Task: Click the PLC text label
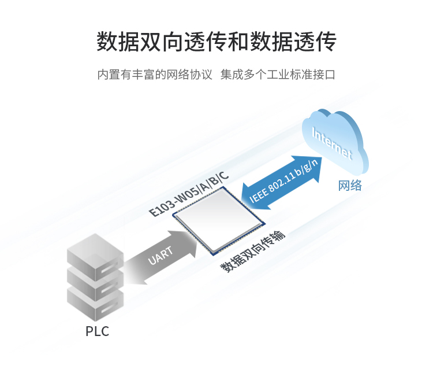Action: pos(97,332)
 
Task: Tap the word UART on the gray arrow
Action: pos(160,256)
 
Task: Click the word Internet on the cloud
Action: pos(331,143)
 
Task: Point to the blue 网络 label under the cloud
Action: pos(350,186)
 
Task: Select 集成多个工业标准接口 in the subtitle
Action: pos(278,75)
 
